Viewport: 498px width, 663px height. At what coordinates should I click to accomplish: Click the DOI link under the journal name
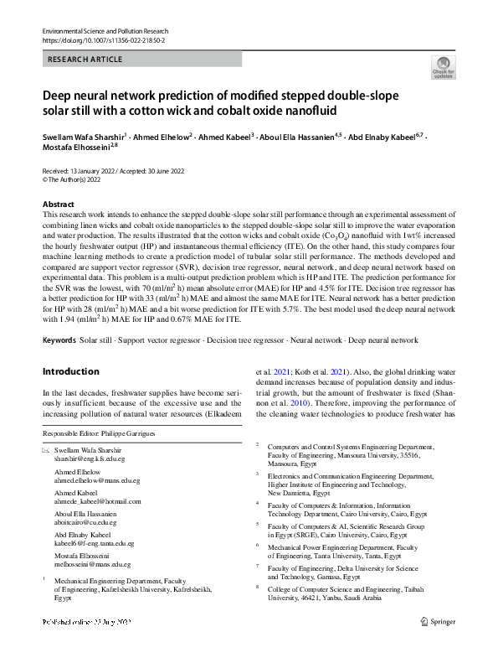pos(103,39)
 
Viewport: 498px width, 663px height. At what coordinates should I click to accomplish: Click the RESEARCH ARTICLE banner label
pos(85,60)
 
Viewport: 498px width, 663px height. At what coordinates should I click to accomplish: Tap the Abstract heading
pos(59,205)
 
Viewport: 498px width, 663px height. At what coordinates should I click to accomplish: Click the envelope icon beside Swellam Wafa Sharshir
pos(45,452)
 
